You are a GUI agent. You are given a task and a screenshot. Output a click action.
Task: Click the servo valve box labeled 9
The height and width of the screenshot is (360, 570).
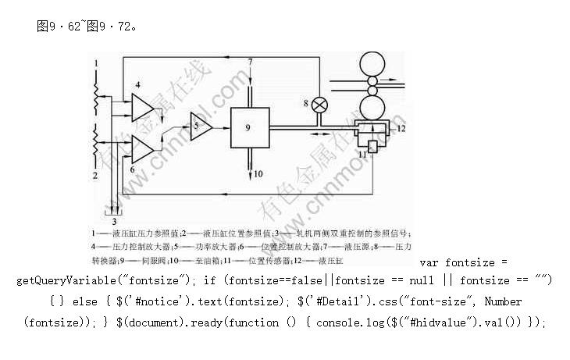[x=248, y=126]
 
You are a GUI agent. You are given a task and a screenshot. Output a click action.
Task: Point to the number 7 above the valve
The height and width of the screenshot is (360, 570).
[x=251, y=61]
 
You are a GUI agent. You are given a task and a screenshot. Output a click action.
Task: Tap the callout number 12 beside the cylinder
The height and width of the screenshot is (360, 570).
[x=401, y=127]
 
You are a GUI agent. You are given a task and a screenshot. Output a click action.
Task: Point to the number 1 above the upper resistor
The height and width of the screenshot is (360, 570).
[x=97, y=62]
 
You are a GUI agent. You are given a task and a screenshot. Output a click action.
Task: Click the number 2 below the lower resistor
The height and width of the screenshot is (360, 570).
[x=96, y=176]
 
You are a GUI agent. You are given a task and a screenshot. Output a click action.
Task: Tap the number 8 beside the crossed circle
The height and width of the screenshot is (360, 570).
[x=306, y=102]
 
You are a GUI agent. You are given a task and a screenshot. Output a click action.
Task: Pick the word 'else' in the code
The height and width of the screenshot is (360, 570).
[x=84, y=301]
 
